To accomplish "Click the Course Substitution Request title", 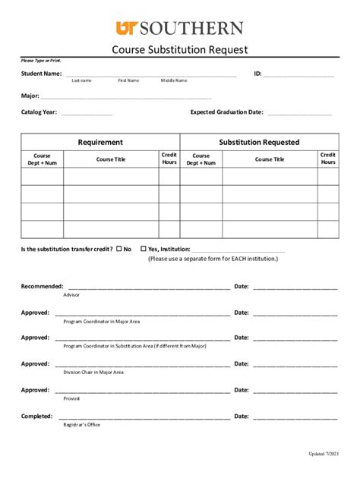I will click(x=180, y=50).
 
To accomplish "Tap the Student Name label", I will click(x=41, y=74).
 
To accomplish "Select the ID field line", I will click(x=298, y=75).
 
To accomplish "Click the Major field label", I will click(x=30, y=96).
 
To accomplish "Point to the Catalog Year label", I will click(x=39, y=112).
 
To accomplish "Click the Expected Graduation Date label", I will click(x=226, y=112).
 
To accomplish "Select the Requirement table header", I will click(x=100, y=142).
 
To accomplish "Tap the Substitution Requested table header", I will click(x=259, y=142).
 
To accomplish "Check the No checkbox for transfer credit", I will click(x=118, y=248).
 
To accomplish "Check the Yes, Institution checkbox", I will click(x=144, y=248).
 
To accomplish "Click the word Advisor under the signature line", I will click(x=71, y=294).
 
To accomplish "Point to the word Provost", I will click(x=71, y=398).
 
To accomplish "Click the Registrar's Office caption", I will click(x=81, y=425).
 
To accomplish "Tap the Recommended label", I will click(x=42, y=286).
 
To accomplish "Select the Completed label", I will click(x=36, y=416).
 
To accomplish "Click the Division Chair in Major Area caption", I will click(x=93, y=373).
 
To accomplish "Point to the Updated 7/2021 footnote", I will click(x=320, y=454).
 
